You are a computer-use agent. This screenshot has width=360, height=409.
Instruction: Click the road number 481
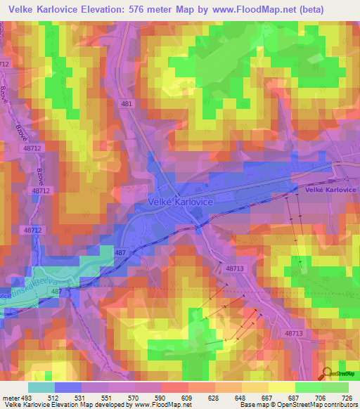pyautogui.click(x=127, y=104)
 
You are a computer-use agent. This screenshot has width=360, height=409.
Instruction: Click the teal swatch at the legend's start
pyautogui.click(x=41, y=387)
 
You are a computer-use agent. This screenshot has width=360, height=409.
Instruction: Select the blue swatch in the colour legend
pyautogui.click(x=68, y=387)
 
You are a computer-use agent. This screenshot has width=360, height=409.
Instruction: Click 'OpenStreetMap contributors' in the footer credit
pyautogui.click(x=317, y=405)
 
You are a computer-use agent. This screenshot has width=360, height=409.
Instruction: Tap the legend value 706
pyautogui.click(x=320, y=397)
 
